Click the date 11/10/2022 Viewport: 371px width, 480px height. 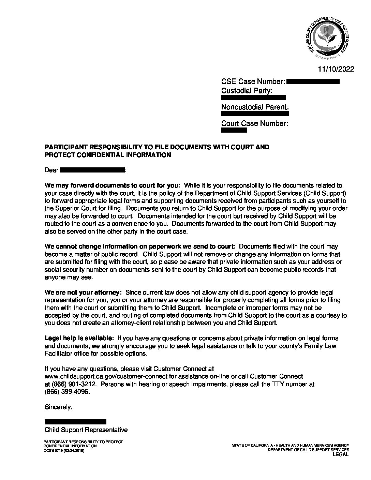(336, 69)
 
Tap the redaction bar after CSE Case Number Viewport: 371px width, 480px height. (313, 81)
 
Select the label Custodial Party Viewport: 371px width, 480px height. (247, 91)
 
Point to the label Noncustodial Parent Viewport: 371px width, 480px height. (255, 107)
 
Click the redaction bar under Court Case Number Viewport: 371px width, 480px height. (234, 130)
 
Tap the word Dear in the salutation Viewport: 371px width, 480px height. (51, 170)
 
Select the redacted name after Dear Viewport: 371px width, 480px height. (92, 170)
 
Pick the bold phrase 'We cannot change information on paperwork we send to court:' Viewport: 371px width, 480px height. (140, 246)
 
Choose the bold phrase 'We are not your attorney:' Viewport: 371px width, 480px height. (83, 292)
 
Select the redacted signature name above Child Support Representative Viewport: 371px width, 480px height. (75, 422)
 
